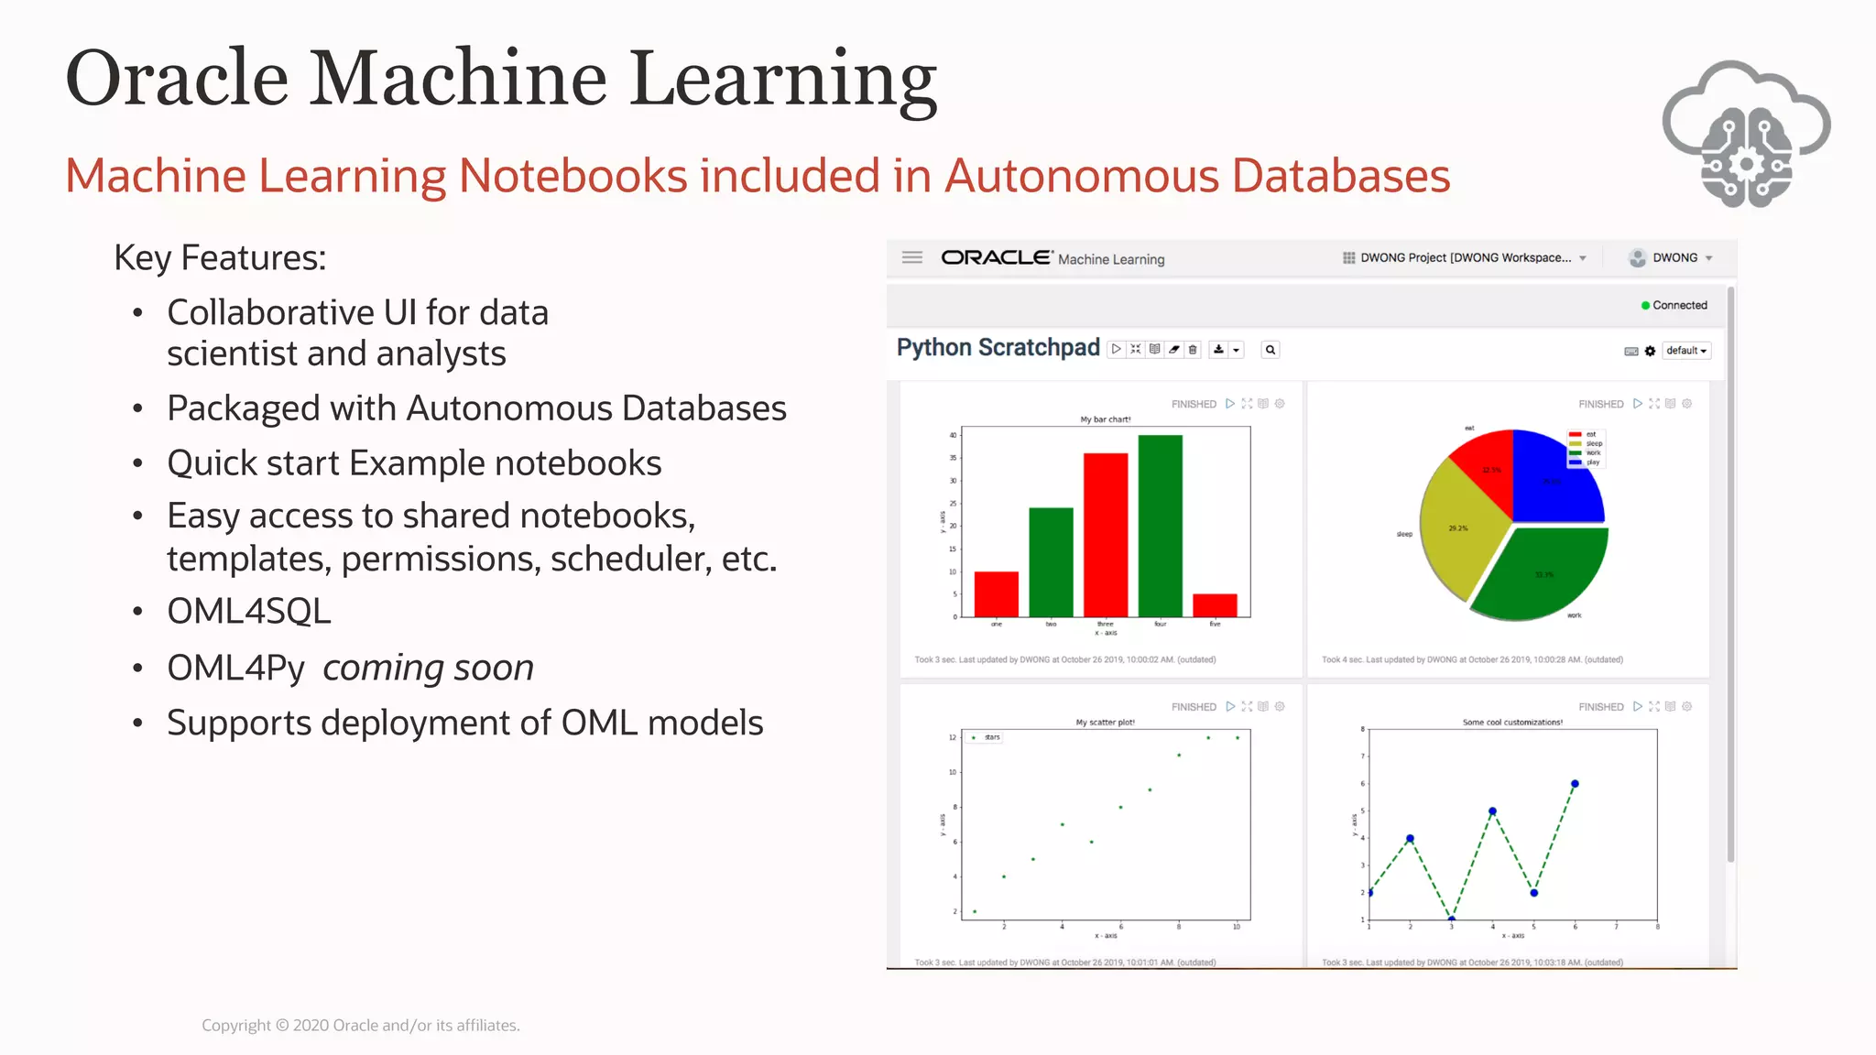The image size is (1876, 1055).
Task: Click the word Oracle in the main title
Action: point(177,79)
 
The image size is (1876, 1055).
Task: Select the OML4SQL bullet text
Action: point(249,612)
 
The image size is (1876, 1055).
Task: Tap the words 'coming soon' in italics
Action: point(428,668)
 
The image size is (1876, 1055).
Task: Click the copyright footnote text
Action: point(361,1026)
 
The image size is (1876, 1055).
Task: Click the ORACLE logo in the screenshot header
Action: point(996,257)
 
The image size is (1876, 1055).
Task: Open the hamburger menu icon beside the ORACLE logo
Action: point(912,257)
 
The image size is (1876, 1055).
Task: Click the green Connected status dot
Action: point(1645,306)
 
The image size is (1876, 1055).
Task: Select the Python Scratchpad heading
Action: point(998,348)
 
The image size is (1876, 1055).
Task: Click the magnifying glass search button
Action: point(1271,350)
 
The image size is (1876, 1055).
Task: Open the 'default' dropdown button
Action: point(1685,351)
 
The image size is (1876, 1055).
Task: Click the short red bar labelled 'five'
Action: point(1215,605)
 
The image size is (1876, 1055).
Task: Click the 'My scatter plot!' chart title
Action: point(1105,723)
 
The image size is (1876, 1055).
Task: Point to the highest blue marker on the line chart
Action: point(1575,784)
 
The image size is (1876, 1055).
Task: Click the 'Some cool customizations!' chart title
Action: point(1512,723)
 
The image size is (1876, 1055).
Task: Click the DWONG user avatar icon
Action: point(1637,258)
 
